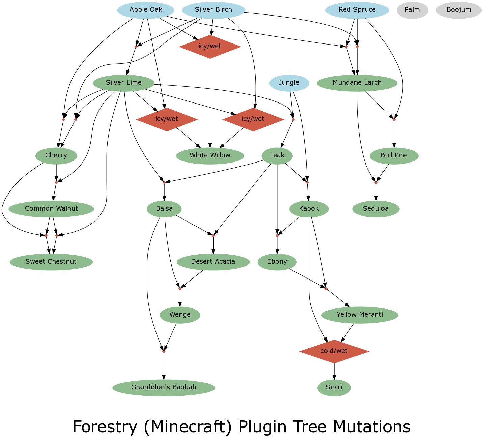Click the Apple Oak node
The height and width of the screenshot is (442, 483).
point(146,10)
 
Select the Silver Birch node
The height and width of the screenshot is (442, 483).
point(213,10)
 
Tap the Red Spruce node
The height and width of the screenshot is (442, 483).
point(357,10)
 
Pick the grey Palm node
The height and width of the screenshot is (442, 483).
point(412,10)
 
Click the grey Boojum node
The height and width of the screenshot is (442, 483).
point(458,10)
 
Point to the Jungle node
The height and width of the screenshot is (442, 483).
point(289,83)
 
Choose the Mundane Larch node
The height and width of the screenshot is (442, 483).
point(357,83)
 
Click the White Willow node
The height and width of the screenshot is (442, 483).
point(210,156)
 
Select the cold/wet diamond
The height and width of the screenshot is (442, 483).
point(334,351)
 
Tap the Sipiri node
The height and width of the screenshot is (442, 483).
point(334,388)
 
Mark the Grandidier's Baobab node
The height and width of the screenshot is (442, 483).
point(164,388)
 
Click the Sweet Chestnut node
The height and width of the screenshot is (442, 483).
point(51,262)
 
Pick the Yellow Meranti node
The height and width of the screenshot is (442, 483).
point(360,315)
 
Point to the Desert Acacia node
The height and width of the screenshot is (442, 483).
point(213,262)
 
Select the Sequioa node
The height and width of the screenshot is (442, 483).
point(376,209)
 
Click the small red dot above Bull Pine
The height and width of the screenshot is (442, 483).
point(394,120)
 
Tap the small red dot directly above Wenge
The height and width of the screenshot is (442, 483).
point(180,289)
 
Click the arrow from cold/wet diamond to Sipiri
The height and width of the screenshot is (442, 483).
point(334,371)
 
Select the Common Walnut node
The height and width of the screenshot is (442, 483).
point(51,209)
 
